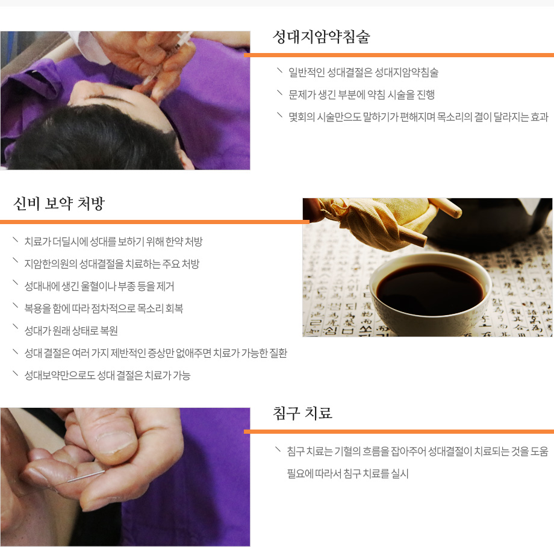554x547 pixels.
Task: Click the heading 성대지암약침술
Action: click(321, 37)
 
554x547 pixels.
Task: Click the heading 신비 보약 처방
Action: click(59, 204)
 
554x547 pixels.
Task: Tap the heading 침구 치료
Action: click(302, 413)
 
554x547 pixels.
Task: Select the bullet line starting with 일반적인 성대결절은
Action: click(363, 73)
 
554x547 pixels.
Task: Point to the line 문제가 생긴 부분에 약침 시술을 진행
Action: click(361, 95)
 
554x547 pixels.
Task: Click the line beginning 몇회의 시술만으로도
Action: click(418, 116)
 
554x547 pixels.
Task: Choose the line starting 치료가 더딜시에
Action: click(113, 242)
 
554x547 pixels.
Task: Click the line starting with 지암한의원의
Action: click(111, 264)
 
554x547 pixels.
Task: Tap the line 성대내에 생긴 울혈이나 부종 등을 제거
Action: click(99, 286)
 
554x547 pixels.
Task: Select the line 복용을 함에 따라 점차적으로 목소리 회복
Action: click(104, 308)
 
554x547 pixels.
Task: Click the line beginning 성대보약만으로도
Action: click(107, 375)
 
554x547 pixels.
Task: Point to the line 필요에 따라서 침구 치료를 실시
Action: click(347, 474)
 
